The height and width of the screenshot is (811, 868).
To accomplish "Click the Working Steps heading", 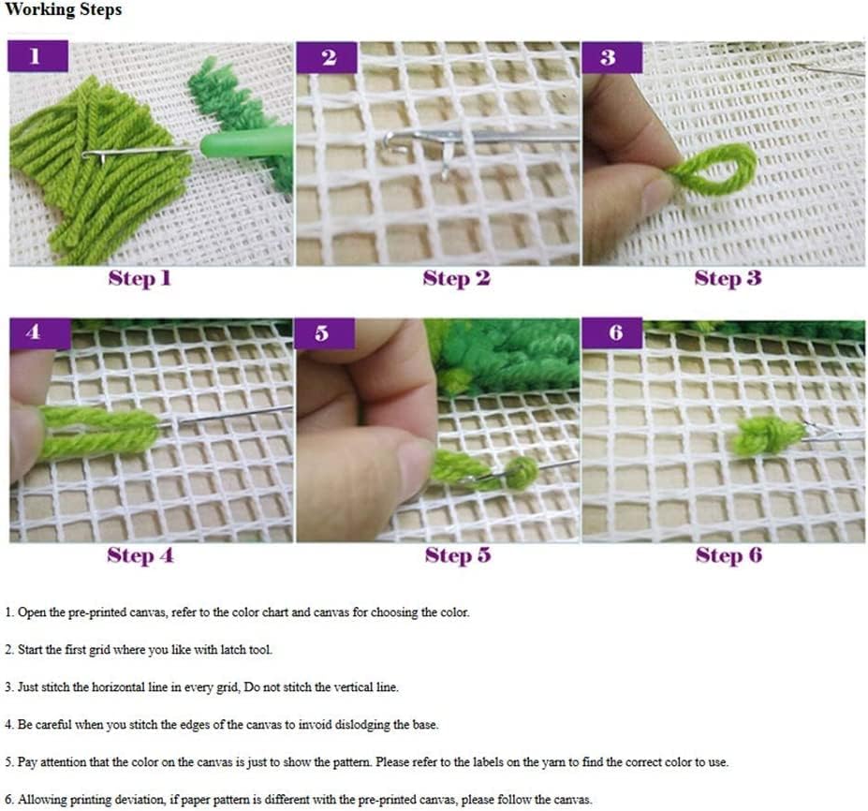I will click(x=64, y=11).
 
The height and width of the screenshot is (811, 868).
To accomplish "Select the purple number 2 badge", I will click(x=327, y=57).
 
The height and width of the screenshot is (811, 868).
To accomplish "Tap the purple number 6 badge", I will click(x=611, y=334).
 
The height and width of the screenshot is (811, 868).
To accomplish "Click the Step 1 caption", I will click(x=140, y=278).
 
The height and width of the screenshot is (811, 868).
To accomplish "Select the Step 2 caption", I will click(x=456, y=278).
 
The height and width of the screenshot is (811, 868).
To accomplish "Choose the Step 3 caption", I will click(x=728, y=278).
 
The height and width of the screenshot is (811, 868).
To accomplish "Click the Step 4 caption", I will click(x=140, y=555).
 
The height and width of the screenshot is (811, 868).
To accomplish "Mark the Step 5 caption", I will click(x=457, y=555).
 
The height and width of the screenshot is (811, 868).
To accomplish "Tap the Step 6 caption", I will click(x=728, y=555).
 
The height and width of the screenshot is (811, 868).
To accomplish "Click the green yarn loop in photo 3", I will click(x=717, y=170).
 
